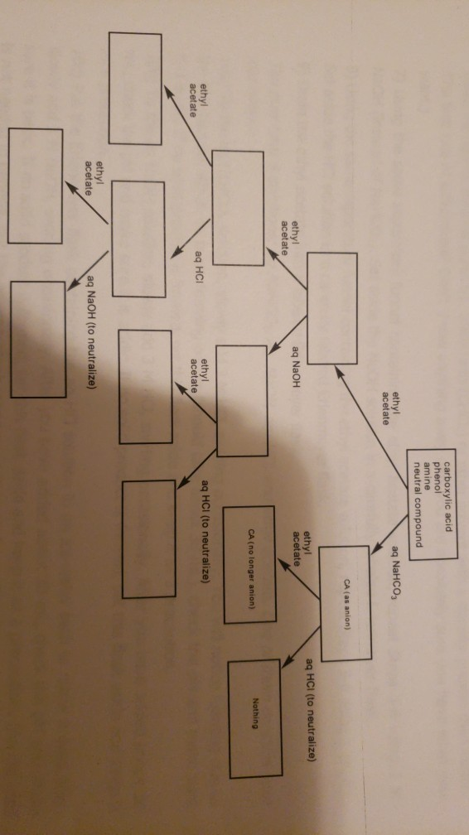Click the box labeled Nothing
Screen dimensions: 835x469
pyautogui.click(x=255, y=717)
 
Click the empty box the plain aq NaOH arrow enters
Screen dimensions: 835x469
pyautogui.click(x=241, y=400)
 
